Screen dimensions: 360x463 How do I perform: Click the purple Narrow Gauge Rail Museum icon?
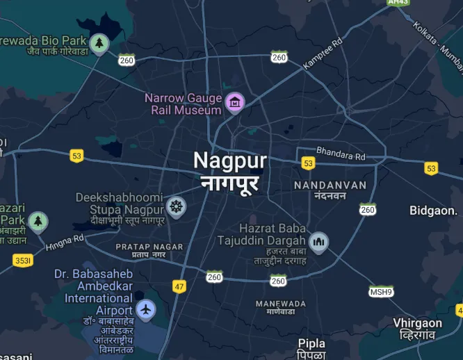pos(235,103)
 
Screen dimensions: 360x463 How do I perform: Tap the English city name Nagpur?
pos(229,161)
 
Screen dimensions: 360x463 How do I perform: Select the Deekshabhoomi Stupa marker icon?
pos(177,206)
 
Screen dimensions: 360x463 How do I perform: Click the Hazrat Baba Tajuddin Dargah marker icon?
pos(319,241)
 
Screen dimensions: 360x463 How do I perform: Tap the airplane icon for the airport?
pos(146,309)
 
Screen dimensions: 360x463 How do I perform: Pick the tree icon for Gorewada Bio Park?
pos(99,44)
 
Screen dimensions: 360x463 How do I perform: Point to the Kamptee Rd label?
pos(323,54)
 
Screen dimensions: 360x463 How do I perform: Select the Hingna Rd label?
pos(65,242)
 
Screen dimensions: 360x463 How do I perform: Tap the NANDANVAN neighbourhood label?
pos(330,186)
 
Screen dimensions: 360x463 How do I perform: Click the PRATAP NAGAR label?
pos(149,247)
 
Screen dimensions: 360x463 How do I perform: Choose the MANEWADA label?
pos(281,304)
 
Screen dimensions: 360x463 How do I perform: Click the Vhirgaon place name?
pos(417,323)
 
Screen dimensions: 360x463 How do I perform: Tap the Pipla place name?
pos(311,343)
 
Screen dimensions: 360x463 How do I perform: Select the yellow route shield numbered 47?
pos(180,286)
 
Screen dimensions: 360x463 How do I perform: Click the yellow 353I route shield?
pos(22,261)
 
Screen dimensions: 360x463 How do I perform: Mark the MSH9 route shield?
pos(380,291)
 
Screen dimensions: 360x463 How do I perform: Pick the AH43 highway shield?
pos(398,3)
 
